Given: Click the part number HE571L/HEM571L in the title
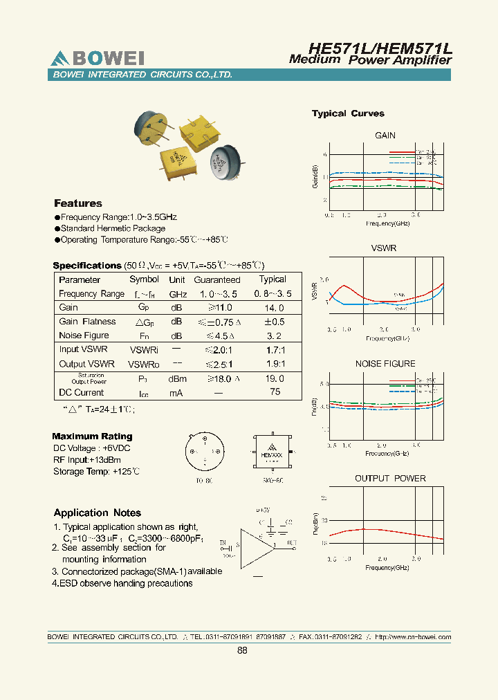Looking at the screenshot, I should (x=380, y=48).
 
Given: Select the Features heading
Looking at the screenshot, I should (x=78, y=203).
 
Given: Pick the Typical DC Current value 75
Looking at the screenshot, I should (x=275, y=392).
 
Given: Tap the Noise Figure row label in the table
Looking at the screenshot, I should (x=84, y=335).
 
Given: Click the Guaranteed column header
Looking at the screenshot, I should (x=217, y=280).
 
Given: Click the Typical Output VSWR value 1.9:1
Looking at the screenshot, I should (x=276, y=364).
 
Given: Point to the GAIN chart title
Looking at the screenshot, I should (x=385, y=136).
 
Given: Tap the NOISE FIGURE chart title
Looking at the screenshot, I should (x=385, y=364).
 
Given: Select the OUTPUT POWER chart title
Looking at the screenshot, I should (x=390, y=479).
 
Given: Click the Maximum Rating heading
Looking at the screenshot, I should (x=92, y=436).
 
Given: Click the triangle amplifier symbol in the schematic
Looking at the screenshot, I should (x=256, y=545).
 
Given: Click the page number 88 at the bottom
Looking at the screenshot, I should (x=242, y=651).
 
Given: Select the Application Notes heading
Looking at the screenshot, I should (x=98, y=513).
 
